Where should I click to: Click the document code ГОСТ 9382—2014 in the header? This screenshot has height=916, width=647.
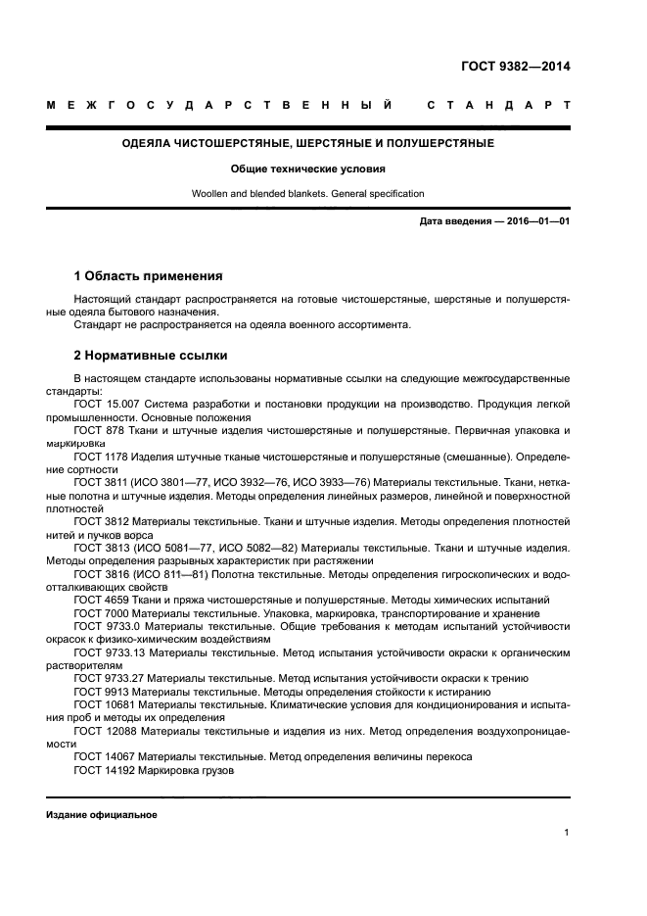tap(515, 68)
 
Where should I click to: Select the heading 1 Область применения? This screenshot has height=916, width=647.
tap(148, 276)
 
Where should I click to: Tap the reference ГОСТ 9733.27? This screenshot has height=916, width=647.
tap(110, 678)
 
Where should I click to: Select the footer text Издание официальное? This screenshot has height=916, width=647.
tap(102, 815)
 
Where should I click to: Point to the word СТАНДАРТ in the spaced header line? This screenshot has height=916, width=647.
tap(498, 105)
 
